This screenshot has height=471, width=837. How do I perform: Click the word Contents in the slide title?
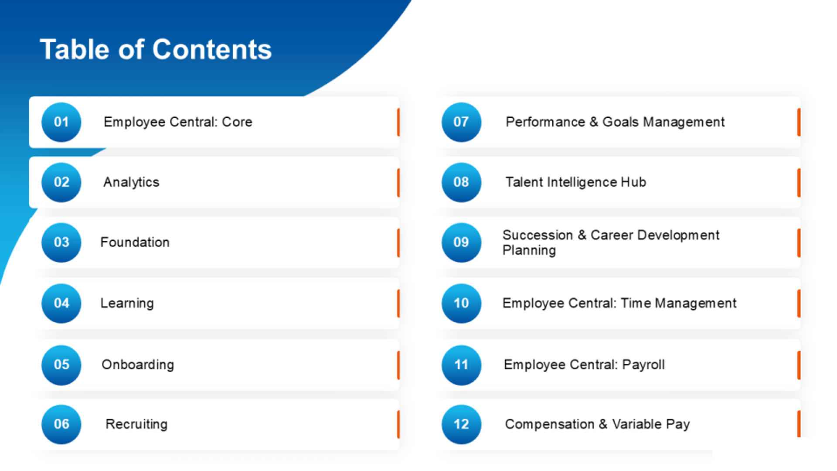pyautogui.click(x=212, y=49)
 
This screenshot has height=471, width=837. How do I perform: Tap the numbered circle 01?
pyautogui.click(x=61, y=122)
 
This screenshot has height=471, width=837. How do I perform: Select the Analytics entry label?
pyautogui.click(x=131, y=182)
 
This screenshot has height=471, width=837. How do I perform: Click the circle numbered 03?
pyautogui.click(x=61, y=242)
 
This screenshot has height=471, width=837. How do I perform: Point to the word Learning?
pyautogui.click(x=127, y=303)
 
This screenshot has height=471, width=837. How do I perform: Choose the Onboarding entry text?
pyautogui.click(x=138, y=365)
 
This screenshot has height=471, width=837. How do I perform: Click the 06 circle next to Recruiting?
pyautogui.click(x=61, y=424)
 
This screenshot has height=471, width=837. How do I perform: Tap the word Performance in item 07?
pyautogui.click(x=545, y=122)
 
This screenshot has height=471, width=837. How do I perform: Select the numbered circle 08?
pyautogui.click(x=461, y=182)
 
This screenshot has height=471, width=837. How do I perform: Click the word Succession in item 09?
pyautogui.click(x=538, y=235)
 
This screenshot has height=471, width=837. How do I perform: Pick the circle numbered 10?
pyautogui.click(x=461, y=303)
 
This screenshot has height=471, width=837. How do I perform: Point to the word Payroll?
pyautogui.click(x=643, y=365)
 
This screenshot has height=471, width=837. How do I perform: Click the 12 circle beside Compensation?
pyautogui.click(x=461, y=424)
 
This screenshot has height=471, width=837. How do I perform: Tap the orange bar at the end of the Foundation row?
pyautogui.click(x=398, y=242)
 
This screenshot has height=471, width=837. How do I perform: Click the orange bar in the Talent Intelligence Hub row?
pyautogui.click(x=799, y=183)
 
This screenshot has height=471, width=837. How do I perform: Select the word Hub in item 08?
pyautogui.click(x=633, y=182)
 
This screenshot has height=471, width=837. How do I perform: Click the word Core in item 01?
pyautogui.click(x=237, y=122)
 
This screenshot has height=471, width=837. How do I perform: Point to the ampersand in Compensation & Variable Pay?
pyautogui.click(x=603, y=424)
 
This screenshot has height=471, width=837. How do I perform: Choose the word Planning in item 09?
pyautogui.click(x=529, y=251)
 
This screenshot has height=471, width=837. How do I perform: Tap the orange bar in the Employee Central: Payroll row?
pyautogui.click(x=799, y=365)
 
